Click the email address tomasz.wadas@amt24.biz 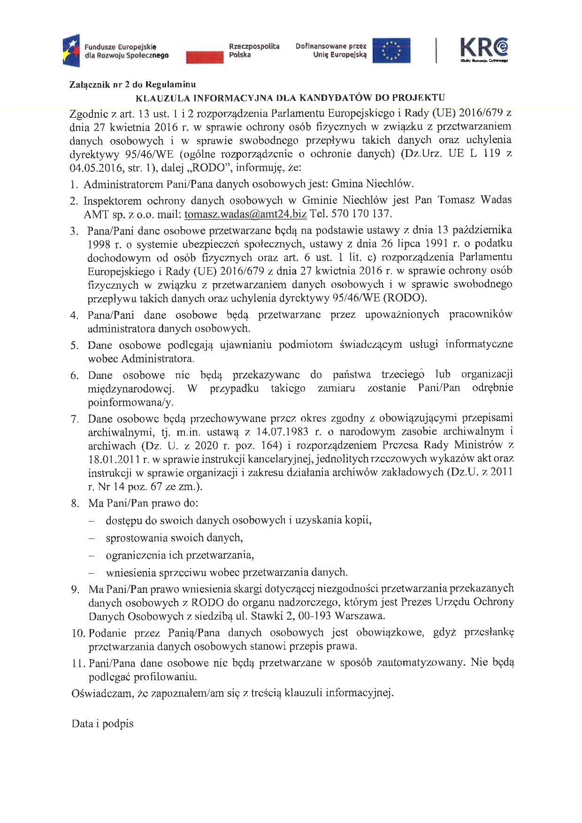pyautogui.click(x=245, y=214)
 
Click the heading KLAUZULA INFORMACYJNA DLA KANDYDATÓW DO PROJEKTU pyautogui.click(x=290, y=98)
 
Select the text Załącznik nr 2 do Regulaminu pyautogui.click(x=132, y=85)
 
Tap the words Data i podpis pyautogui.click(x=102, y=723)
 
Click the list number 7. pyautogui.click(x=75, y=419)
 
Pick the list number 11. pyautogui.click(x=78, y=663)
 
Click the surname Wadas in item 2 pyautogui.click(x=496, y=200)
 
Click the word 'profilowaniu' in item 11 pyautogui.click(x=164, y=677)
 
